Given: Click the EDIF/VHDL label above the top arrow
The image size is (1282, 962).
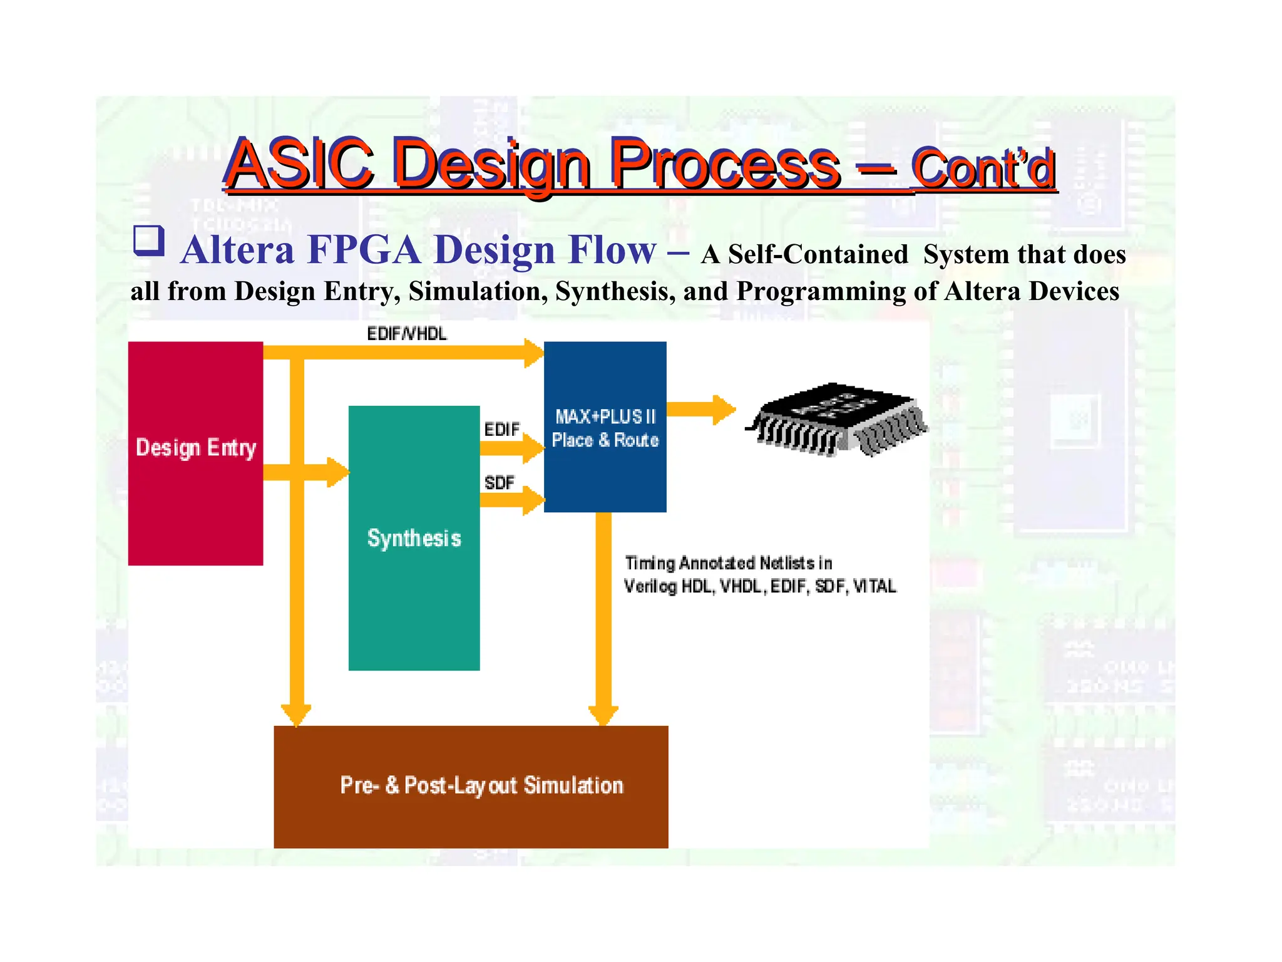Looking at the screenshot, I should (x=407, y=334).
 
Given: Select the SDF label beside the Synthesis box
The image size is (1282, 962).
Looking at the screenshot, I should (x=499, y=483).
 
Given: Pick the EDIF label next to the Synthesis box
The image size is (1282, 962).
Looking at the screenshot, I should (x=501, y=430).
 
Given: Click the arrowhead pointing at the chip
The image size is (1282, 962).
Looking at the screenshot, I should (x=724, y=410).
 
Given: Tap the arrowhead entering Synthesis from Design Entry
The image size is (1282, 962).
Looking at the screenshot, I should (x=338, y=472).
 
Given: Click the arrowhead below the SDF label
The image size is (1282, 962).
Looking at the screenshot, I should (x=533, y=500).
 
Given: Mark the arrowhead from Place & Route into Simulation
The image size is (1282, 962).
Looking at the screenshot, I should (x=603, y=715).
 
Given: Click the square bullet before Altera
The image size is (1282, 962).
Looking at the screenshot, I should (x=148, y=241).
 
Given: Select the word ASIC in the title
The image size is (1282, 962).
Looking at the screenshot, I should (x=299, y=164).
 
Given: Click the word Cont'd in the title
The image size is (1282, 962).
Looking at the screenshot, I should (x=983, y=168).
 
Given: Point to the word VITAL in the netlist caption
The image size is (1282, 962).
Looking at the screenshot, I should (x=874, y=586).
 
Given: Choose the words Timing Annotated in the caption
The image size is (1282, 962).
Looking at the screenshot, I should (x=689, y=563).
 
